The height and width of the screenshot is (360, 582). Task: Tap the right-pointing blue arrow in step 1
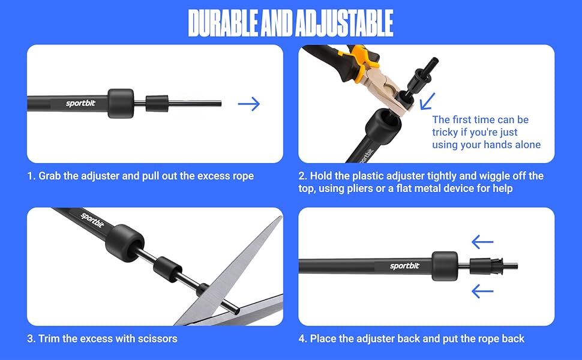click(x=248, y=104)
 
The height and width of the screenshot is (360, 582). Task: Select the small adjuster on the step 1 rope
click(x=158, y=103)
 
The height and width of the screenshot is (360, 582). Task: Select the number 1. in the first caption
click(x=31, y=176)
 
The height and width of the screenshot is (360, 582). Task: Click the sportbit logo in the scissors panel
click(x=92, y=221)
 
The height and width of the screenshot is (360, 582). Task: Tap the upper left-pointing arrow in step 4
click(x=482, y=242)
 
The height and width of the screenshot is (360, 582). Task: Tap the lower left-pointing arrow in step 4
click(x=482, y=292)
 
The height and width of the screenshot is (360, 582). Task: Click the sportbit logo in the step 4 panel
click(x=404, y=266)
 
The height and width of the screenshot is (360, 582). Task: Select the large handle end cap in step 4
click(x=445, y=266)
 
